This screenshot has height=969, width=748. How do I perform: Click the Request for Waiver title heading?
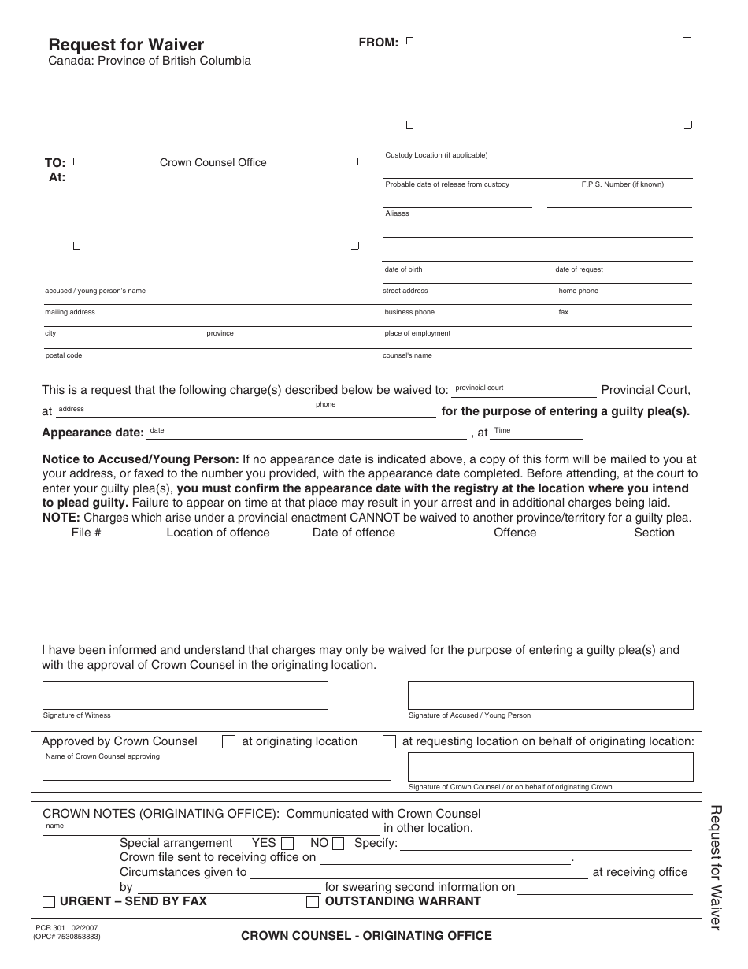[x=126, y=45]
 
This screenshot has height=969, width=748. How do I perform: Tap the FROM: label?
[x=378, y=43]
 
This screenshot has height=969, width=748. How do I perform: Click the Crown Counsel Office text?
[x=213, y=163]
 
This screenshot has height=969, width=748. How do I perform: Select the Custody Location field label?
[x=436, y=155]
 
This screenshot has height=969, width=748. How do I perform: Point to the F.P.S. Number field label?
[x=622, y=184]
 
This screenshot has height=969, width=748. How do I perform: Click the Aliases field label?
[x=397, y=213]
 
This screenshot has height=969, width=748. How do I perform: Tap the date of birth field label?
[x=403, y=269]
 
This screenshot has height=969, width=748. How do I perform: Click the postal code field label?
[x=63, y=355]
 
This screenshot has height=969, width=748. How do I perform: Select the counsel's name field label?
[x=407, y=355]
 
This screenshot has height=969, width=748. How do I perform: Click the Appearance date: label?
[x=93, y=433]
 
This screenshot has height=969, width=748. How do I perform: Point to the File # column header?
[x=86, y=533]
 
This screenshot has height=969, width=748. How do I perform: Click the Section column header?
[x=654, y=533]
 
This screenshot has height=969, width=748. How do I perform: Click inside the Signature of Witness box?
[x=185, y=696]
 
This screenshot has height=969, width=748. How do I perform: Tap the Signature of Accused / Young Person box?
[x=550, y=696]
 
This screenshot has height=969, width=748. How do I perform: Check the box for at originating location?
[x=229, y=742]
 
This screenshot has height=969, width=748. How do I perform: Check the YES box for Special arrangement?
[x=287, y=844]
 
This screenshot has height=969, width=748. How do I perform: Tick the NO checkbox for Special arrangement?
[x=339, y=844]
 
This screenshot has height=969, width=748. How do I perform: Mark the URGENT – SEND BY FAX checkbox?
[x=49, y=902]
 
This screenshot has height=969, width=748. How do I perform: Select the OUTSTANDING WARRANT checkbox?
[x=313, y=902]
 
